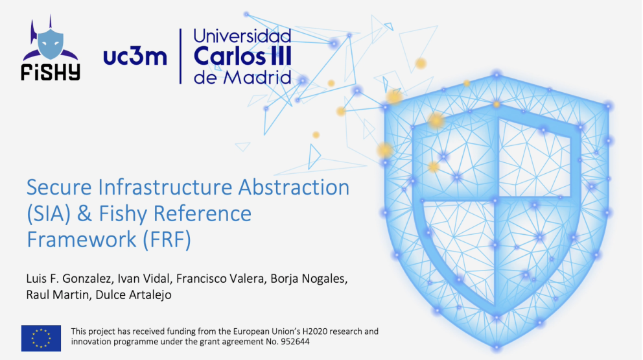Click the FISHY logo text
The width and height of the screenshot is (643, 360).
51,72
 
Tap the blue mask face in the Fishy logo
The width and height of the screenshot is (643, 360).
51,43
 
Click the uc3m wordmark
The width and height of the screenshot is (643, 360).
135,57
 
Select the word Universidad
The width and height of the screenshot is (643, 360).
242,36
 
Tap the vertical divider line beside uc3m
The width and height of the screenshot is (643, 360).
180,56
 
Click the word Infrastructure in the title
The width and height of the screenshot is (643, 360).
165,187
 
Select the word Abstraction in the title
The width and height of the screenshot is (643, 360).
294,187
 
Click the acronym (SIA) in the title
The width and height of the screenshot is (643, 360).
49,214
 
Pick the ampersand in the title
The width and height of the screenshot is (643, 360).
84,214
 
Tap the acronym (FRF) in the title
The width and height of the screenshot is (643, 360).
167,240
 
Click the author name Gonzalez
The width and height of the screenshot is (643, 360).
88,279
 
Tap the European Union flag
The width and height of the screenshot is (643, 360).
41,338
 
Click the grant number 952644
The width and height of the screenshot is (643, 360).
295,342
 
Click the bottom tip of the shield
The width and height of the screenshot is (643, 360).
497,349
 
